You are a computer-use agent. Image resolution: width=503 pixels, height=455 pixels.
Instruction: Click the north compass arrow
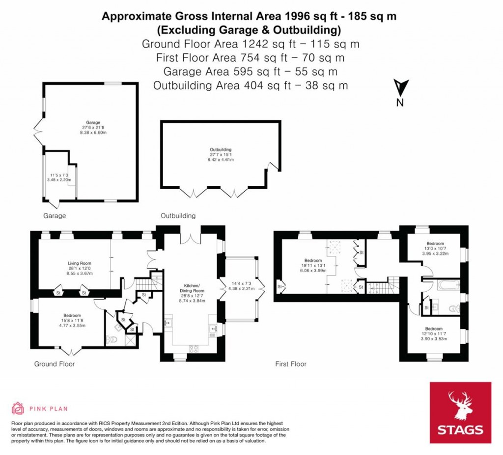point(400,88)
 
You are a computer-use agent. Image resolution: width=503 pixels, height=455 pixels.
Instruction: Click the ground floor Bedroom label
point(72,316)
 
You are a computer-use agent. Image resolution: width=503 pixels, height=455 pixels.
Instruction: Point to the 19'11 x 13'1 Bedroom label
point(312,260)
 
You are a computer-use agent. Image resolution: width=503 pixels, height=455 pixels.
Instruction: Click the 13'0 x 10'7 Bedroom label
point(435,244)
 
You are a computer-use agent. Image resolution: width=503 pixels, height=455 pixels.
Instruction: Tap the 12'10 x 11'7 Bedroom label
point(434,329)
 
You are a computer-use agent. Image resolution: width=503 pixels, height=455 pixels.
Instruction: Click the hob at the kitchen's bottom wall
point(192,349)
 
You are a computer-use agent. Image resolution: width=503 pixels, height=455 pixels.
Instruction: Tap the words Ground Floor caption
point(54,364)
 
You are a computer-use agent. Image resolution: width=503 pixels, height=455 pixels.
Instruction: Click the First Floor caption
point(291,364)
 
